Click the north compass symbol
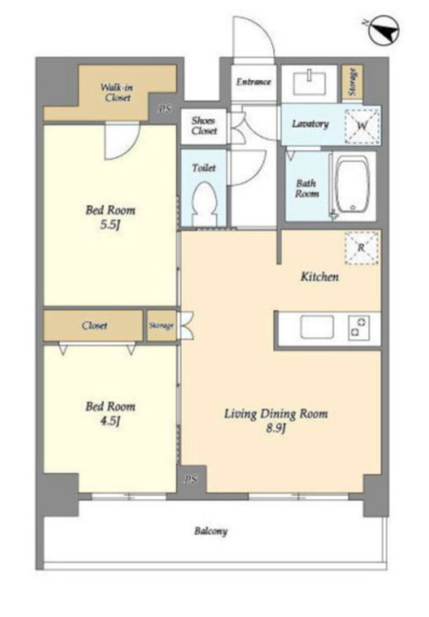(x=384, y=30)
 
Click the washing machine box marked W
(x=362, y=126)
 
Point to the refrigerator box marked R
(x=362, y=248)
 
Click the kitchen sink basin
(x=317, y=327)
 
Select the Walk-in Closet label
(x=116, y=92)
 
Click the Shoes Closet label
(x=204, y=125)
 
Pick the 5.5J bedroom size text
(x=110, y=225)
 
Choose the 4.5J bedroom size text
(x=110, y=421)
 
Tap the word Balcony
(x=211, y=531)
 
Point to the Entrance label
(x=254, y=82)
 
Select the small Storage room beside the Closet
(x=161, y=326)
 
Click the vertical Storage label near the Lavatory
(x=352, y=82)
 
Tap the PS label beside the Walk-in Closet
(x=165, y=110)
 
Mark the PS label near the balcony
(x=190, y=479)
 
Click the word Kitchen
(x=319, y=277)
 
